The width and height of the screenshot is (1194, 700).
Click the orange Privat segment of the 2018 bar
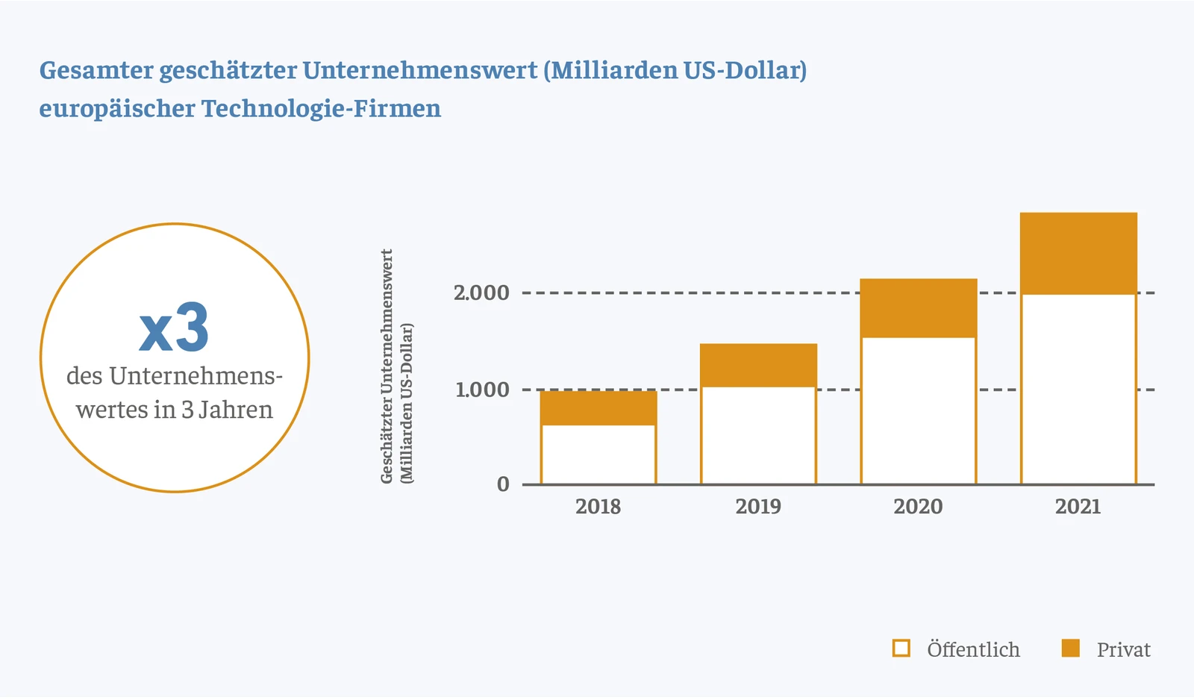598,407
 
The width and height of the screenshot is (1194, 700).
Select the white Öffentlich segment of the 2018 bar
598,454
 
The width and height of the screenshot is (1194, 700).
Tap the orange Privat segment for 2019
758,365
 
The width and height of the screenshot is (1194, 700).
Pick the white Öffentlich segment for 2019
758,435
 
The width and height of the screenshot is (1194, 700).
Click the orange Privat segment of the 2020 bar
919,308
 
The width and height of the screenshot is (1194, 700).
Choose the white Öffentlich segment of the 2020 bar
919,410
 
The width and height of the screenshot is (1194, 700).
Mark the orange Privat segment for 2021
1078,253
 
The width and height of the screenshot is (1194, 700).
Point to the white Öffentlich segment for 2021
1078,389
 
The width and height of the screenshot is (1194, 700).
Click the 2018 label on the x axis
598,507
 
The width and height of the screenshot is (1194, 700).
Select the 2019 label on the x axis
758,507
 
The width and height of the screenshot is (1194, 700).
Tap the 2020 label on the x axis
919,507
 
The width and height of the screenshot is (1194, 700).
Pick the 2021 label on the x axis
1078,507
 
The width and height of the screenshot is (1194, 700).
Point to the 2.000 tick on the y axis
481,293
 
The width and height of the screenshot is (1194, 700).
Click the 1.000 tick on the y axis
482,390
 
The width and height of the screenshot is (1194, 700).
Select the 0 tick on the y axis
504,484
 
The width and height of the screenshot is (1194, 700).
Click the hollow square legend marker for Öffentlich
901,648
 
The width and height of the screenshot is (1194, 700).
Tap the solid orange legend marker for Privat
1071,648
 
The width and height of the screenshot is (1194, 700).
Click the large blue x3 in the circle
174,328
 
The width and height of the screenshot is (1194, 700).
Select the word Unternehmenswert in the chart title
420,70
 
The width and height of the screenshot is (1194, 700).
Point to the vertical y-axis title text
396,366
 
